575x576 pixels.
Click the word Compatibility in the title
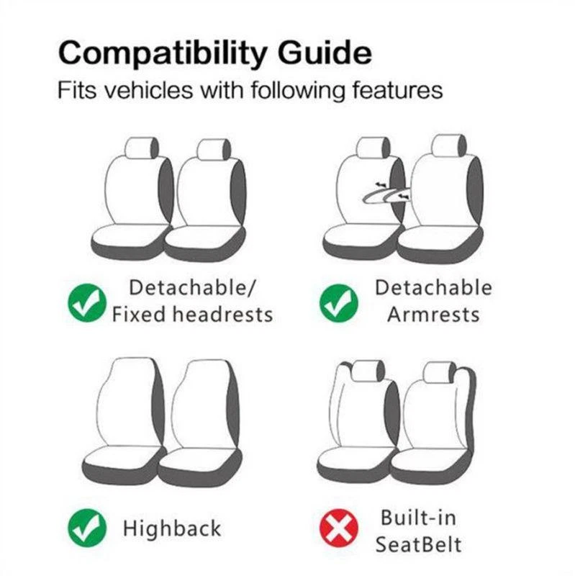[161, 54]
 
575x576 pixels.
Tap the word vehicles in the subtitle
[148, 89]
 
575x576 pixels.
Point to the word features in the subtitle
[397, 89]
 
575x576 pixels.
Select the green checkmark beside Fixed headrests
[87, 302]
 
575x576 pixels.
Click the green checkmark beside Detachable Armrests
[338, 302]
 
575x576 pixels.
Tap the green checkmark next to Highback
[87, 528]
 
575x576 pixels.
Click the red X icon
[338, 528]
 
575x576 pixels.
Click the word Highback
[172, 528]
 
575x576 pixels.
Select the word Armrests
[434, 315]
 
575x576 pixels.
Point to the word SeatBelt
[419, 544]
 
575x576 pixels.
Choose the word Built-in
[419, 517]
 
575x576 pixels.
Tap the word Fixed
[138, 315]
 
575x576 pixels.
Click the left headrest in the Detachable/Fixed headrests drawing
[142, 148]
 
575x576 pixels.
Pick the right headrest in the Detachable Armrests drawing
[448, 145]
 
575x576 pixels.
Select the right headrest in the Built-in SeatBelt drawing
[439, 373]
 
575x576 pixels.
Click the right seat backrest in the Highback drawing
[205, 403]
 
